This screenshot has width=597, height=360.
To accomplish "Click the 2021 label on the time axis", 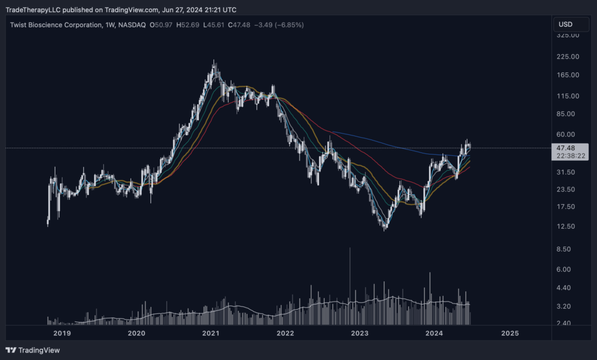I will pos(210,333).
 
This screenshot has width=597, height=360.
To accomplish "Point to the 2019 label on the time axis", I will pos(62,333).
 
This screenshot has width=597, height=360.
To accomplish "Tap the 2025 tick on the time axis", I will pos(510,333).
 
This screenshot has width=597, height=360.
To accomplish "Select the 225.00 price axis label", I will pos(567,57).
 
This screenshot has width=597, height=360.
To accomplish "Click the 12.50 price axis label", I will pos(567,226).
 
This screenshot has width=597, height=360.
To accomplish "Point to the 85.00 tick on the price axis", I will pos(567,114).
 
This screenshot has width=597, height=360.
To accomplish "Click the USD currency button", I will pos(566,25).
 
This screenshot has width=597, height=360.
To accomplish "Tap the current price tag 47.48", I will pos(566,148).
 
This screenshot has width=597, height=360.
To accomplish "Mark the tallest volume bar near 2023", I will pos(350,286).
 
